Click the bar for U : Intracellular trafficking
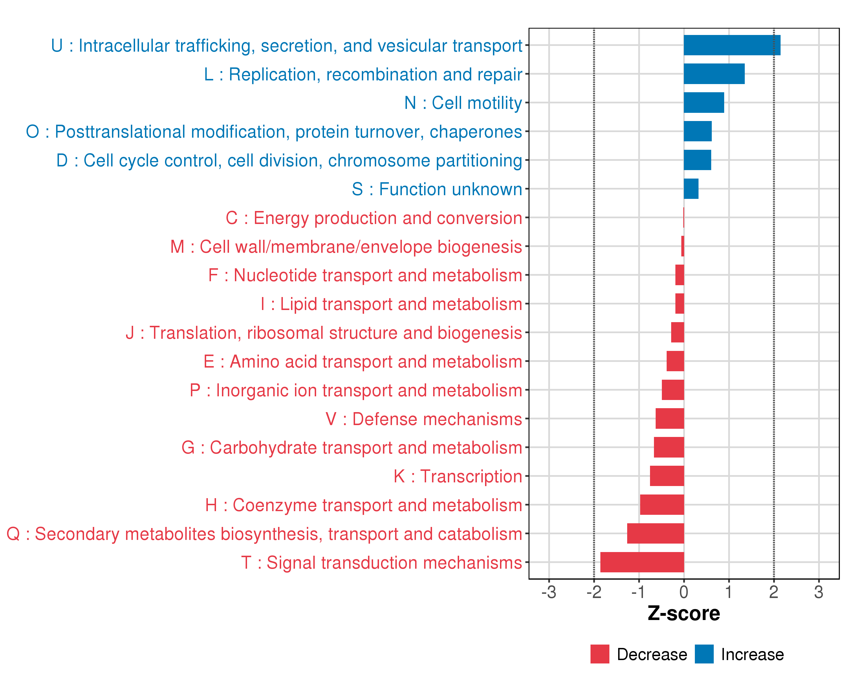point(732,45)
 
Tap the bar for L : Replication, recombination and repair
point(714,74)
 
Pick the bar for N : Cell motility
point(704,102)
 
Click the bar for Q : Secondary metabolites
point(655,533)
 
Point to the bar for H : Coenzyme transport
point(662,505)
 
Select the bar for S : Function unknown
point(691,189)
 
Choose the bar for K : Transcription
point(667,476)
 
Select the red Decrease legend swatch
point(600,654)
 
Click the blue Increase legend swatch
point(704,654)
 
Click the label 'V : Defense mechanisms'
point(424,419)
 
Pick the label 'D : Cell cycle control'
point(289,161)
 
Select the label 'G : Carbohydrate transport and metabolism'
point(352,448)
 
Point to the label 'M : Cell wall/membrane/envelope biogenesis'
point(346,247)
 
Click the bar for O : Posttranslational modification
point(698,131)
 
